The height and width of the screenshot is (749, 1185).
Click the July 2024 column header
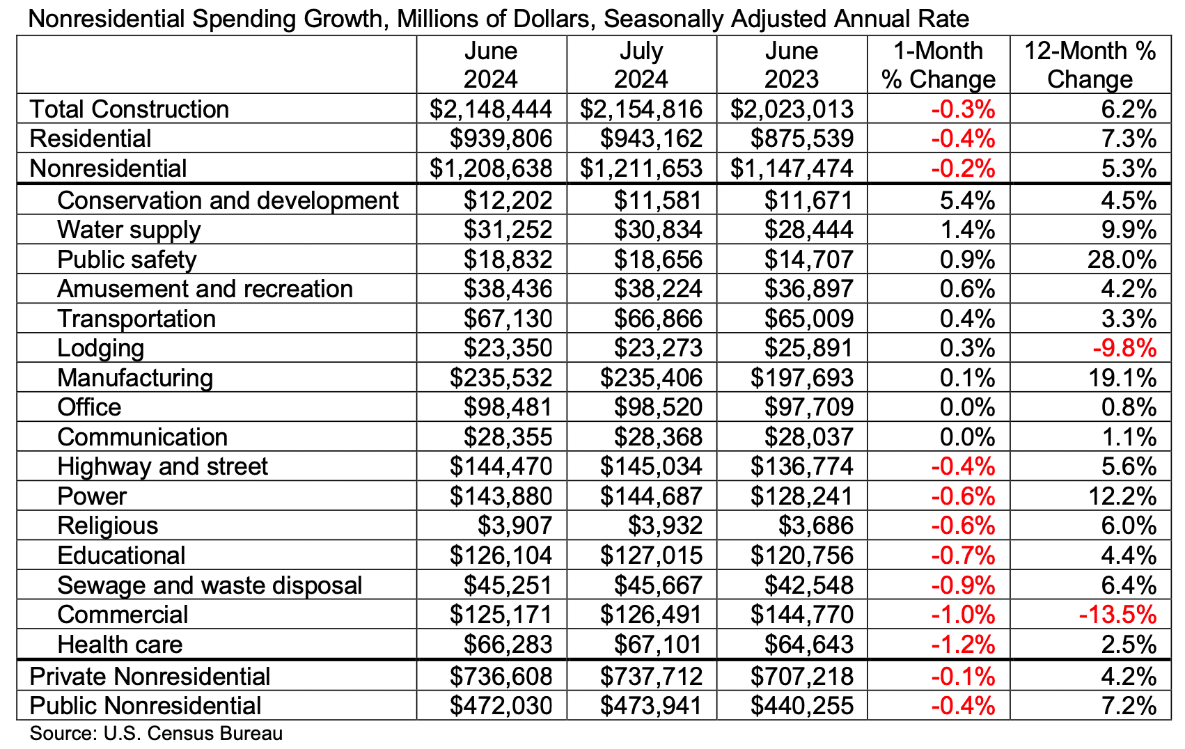click(641, 65)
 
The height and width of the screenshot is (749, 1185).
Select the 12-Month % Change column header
click(1090, 65)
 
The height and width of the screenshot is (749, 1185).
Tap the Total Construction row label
click(130, 109)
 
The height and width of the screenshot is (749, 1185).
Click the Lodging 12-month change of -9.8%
click(1124, 348)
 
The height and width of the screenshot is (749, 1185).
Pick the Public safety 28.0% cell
click(1121, 260)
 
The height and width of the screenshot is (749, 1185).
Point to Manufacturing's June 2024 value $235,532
click(501, 378)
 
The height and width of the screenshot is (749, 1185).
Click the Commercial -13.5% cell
click(1117, 615)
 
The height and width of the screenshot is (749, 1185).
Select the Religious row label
click(108, 526)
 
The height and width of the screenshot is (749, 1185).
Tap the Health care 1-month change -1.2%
click(963, 645)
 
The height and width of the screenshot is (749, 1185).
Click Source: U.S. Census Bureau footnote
click(156, 733)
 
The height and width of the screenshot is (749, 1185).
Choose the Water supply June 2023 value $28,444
click(808, 230)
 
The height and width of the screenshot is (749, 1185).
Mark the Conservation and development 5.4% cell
click(967, 200)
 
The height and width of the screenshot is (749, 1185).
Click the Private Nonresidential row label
click(150, 677)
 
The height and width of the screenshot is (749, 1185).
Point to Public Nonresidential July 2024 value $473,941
click(651, 706)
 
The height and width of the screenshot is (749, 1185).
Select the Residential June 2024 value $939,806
click(501, 139)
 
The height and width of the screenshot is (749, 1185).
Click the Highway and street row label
click(162, 466)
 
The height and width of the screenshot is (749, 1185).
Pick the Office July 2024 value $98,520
click(658, 407)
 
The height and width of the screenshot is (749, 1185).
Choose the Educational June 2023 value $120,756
click(801, 555)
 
